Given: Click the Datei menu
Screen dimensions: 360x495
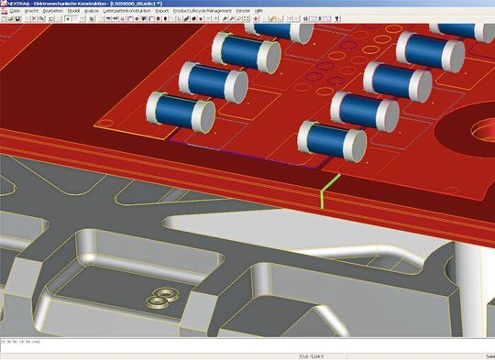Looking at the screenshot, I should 15,10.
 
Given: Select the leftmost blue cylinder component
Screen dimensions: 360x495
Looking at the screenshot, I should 179,115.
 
